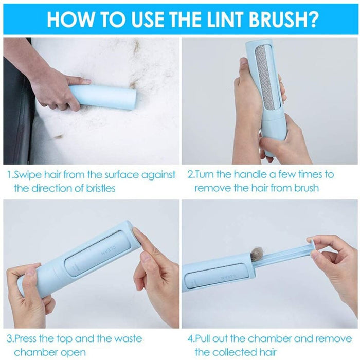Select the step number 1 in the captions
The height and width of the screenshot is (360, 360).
click(x=9, y=175)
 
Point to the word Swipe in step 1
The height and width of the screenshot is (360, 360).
click(x=28, y=175)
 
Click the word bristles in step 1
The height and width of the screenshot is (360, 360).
click(x=98, y=188)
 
